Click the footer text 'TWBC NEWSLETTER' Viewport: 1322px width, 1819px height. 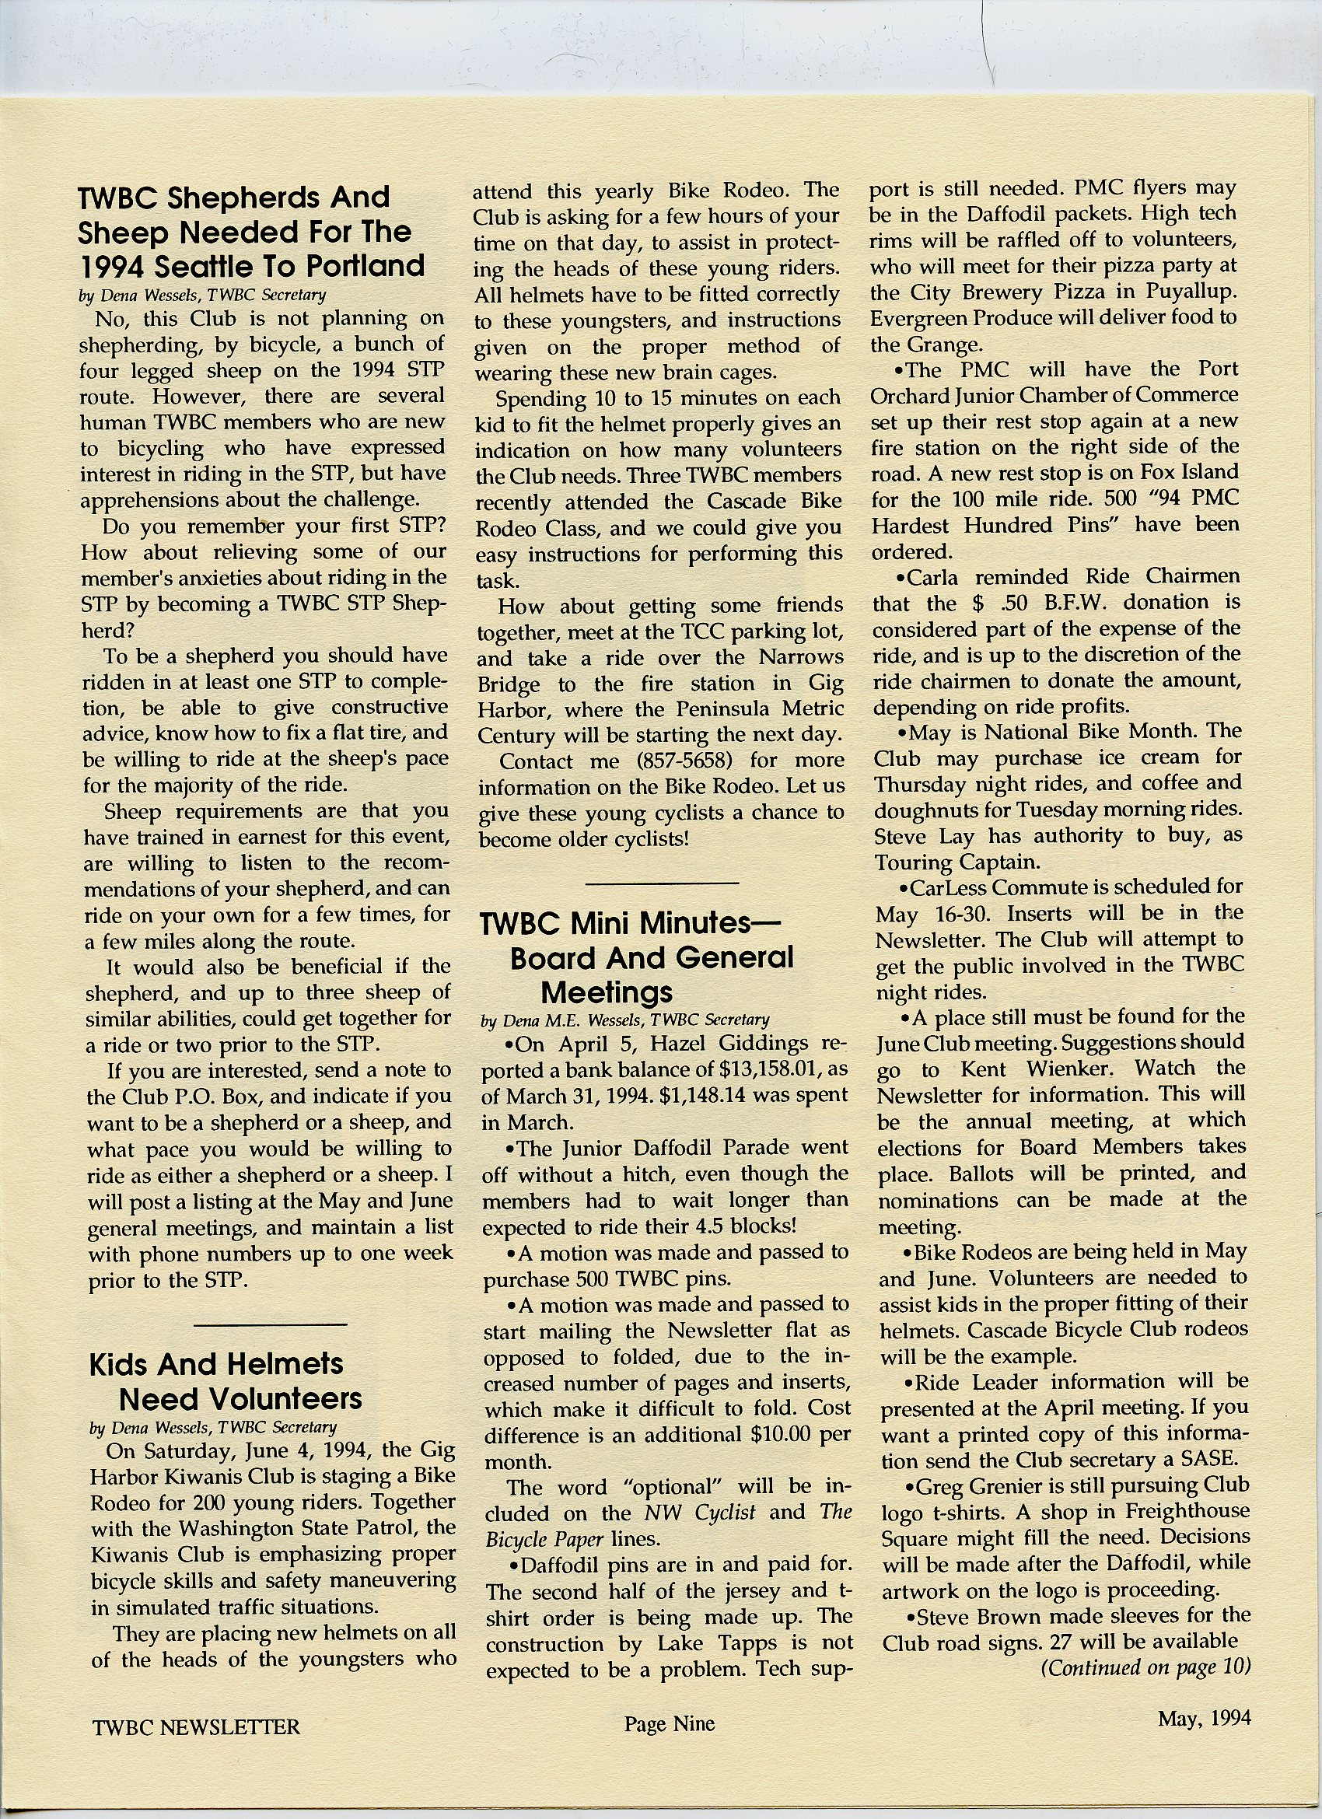(197, 1726)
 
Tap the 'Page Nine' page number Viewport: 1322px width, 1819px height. (669, 1723)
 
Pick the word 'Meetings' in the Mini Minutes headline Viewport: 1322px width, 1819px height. (607, 993)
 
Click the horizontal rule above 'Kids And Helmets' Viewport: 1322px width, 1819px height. (271, 1324)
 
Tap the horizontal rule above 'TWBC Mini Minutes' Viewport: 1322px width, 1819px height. (662, 883)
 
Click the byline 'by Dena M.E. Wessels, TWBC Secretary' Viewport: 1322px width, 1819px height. (625, 1020)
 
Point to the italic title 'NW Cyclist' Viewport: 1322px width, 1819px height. (701, 1512)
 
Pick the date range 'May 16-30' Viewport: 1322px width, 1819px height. (933, 915)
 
